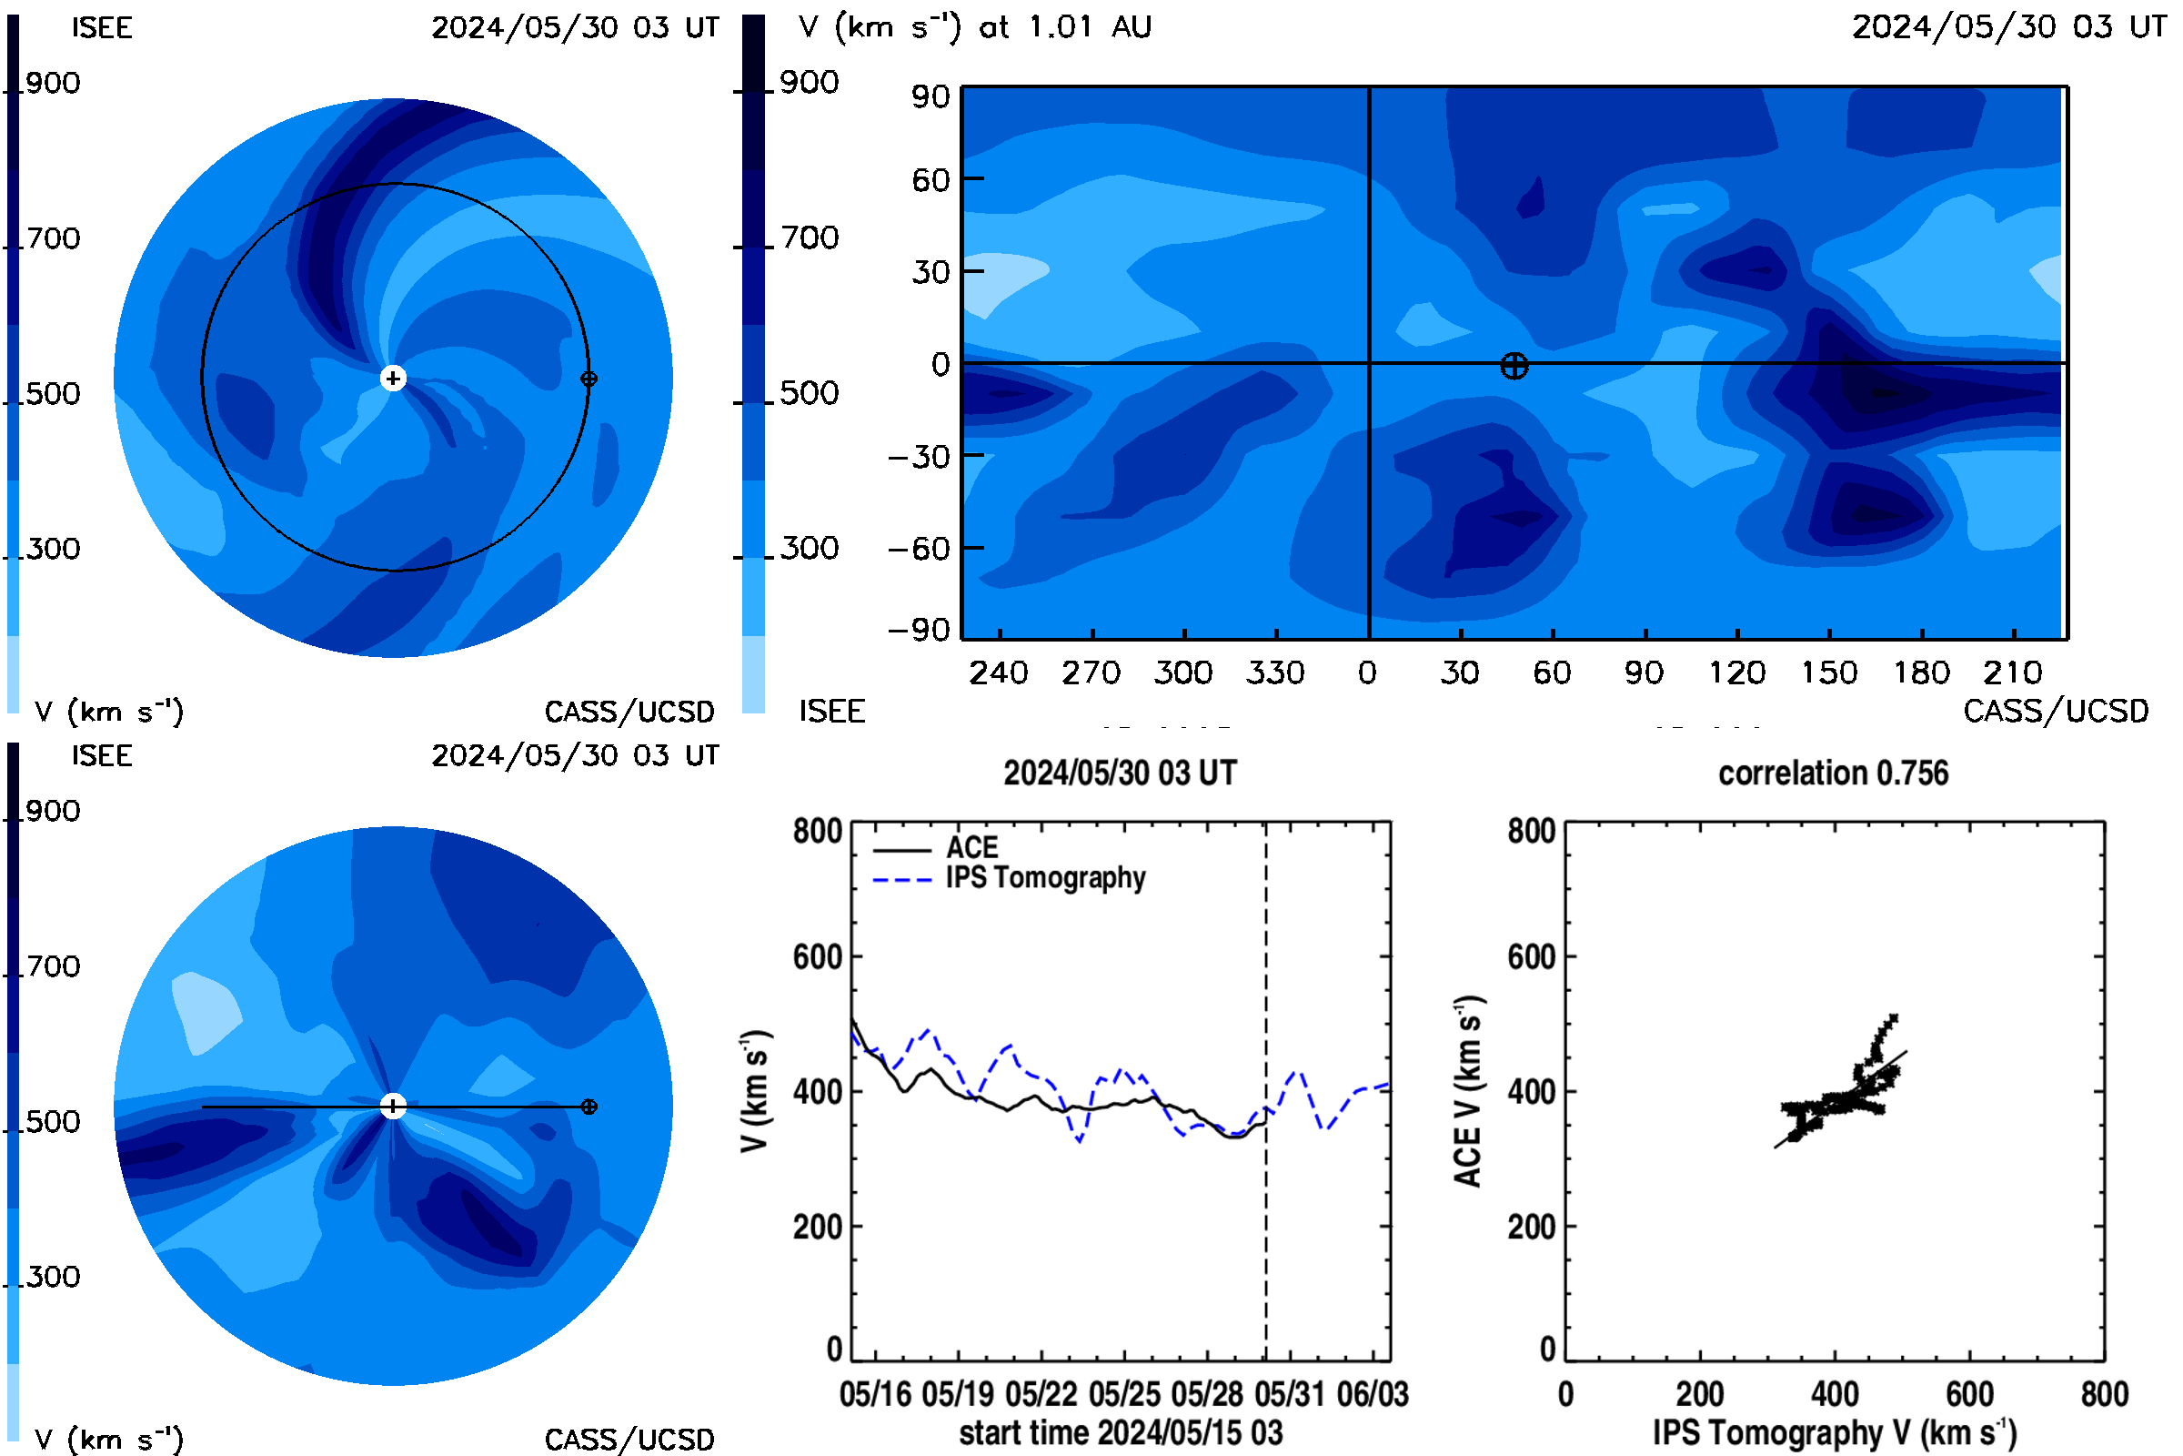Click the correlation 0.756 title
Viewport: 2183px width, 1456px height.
(x=1833, y=773)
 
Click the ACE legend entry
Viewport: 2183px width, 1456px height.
(x=971, y=847)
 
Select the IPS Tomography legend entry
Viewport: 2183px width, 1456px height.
(x=1045, y=878)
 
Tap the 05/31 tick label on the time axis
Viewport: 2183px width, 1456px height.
(x=1289, y=1394)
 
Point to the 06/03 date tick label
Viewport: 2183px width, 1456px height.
(x=1372, y=1394)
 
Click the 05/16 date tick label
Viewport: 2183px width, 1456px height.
(x=875, y=1394)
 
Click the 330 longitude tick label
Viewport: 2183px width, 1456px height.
(x=1275, y=672)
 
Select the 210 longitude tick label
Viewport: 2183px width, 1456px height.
(x=2012, y=672)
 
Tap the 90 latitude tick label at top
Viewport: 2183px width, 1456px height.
(x=930, y=96)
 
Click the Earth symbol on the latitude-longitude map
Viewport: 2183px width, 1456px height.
(x=1514, y=366)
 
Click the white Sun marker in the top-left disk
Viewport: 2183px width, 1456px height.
(x=394, y=378)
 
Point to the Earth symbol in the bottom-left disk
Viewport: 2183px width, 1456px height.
(x=589, y=1107)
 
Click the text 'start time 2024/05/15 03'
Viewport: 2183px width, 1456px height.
(x=1121, y=1432)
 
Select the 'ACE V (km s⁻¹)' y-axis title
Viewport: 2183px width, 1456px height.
(x=1468, y=1091)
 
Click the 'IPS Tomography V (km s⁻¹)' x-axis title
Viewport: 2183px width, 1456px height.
(x=1835, y=1432)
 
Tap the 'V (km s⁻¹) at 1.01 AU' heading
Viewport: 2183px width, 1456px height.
(x=975, y=27)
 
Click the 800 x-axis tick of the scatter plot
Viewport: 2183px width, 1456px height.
(x=2104, y=1394)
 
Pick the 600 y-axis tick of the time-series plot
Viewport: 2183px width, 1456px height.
(x=817, y=956)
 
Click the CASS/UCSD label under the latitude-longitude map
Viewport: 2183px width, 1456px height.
(x=2056, y=712)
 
